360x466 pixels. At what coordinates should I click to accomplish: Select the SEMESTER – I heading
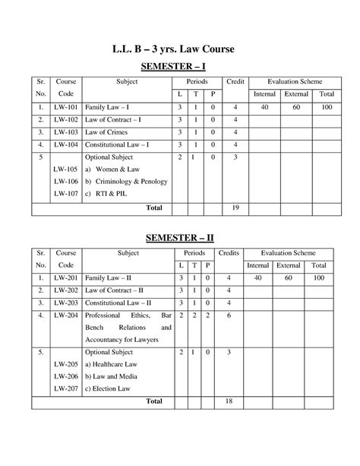[180, 68]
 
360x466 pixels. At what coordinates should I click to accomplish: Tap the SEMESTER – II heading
[180, 238]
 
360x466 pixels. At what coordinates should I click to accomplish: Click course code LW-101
[64, 107]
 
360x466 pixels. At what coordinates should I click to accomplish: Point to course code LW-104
[64, 144]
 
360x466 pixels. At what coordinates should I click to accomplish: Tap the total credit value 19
[235, 208]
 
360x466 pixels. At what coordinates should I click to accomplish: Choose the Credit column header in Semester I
[236, 81]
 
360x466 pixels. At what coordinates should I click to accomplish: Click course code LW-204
[64, 315]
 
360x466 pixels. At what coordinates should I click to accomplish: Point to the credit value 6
[228, 315]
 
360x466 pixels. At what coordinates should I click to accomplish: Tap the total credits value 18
[228, 401]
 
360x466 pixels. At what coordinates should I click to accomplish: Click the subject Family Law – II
[111, 279]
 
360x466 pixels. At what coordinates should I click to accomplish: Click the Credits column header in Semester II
[228, 252]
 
